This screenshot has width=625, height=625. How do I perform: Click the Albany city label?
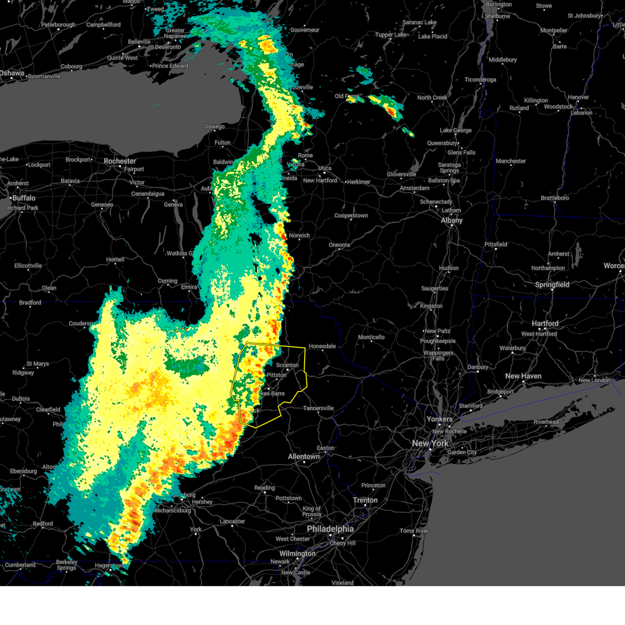click(x=452, y=220)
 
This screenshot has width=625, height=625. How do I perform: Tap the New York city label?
click(x=430, y=443)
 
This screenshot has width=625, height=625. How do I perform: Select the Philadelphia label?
click(x=330, y=529)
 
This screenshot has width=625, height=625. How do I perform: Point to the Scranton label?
click(x=287, y=365)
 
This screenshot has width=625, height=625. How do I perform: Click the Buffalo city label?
click(x=24, y=198)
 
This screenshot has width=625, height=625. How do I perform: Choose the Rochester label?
click(x=120, y=161)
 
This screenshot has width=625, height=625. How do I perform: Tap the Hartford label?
click(x=545, y=323)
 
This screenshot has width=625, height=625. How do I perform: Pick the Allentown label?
click(x=304, y=456)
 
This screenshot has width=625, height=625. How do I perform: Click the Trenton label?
click(x=365, y=500)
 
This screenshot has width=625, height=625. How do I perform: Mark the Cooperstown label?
click(x=351, y=216)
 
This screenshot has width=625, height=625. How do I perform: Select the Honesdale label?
click(x=322, y=346)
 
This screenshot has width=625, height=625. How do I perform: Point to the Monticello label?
click(x=371, y=337)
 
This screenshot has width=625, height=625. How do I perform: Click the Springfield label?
click(x=552, y=284)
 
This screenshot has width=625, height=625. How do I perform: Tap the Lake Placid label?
click(x=433, y=36)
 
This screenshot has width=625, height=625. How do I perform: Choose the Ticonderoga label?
click(x=480, y=80)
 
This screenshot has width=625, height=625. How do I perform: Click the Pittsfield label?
click(x=496, y=244)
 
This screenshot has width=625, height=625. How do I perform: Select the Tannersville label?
click(x=318, y=408)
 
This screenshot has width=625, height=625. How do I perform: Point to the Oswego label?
click(x=215, y=127)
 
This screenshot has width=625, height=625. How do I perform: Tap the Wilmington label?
click(x=297, y=553)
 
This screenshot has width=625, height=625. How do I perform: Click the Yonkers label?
click(x=440, y=419)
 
